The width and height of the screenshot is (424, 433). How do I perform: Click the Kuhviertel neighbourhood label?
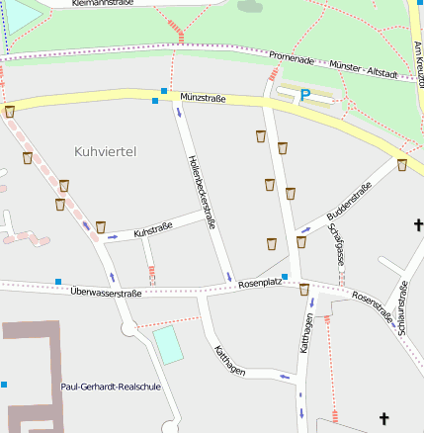point(105,151)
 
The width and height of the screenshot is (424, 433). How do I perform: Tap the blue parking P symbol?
point(305,95)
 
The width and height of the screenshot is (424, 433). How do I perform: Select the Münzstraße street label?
point(204,98)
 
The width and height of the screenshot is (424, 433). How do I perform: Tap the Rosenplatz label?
point(259,283)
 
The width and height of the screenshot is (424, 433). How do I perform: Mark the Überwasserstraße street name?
point(107,293)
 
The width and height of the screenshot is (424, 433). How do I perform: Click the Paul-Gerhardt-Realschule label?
point(111,387)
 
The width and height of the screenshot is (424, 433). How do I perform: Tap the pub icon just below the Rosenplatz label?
point(304,290)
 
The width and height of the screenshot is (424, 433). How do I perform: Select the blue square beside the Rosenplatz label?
point(285,277)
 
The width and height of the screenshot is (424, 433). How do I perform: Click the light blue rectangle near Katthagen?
point(168,344)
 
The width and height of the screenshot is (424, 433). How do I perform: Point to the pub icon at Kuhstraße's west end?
point(100,226)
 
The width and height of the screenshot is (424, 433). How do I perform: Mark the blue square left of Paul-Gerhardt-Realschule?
point(3,384)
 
